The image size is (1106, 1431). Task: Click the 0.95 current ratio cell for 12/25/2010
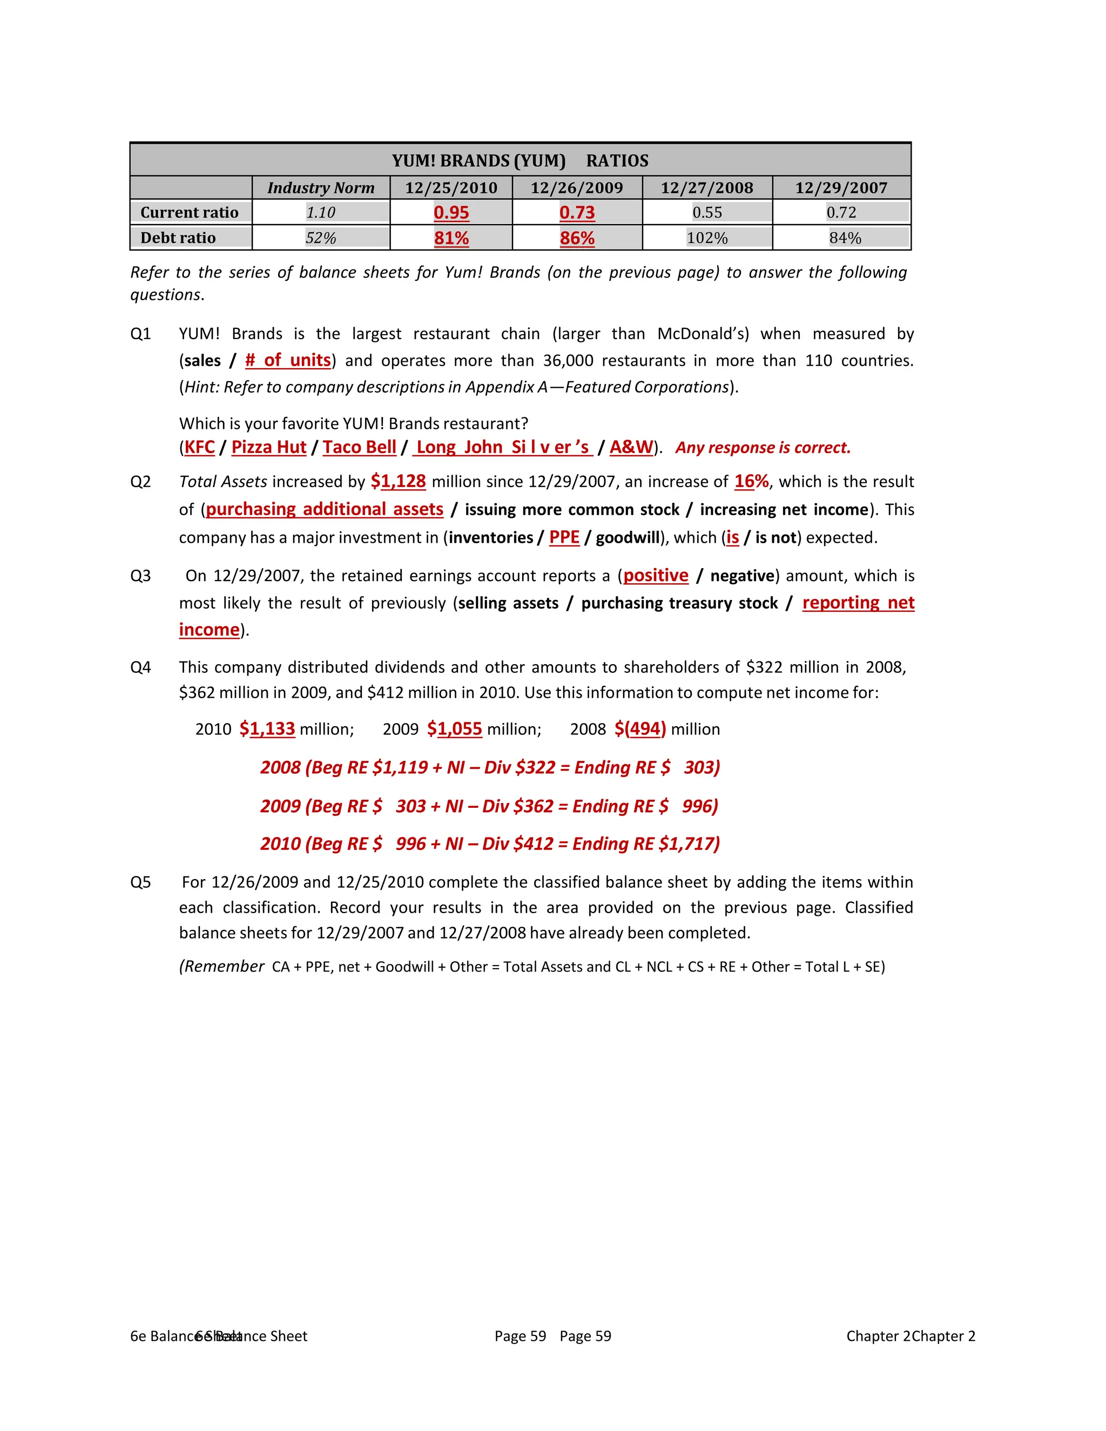point(451,212)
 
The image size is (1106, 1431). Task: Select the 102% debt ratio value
point(707,238)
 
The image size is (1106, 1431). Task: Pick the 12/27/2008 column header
point(706,188)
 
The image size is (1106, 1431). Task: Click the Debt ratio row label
point(178,238)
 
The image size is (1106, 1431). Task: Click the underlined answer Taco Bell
point(359,448)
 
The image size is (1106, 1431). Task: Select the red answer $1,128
point(399,482)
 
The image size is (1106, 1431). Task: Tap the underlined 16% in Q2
point(751,482)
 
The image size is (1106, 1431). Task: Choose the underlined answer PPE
point(564,538)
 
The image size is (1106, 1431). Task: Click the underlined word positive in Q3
point(655,576)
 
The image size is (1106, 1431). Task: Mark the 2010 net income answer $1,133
point(267,729)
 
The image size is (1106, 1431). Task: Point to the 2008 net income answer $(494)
point(640,729)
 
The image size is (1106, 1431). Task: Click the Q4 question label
point(141,667)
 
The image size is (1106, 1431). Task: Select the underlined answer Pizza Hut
point(268,448)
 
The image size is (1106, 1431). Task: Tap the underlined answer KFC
point(200,448)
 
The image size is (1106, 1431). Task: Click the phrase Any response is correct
point(763,448)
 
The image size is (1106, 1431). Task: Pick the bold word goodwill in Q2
point(627,538)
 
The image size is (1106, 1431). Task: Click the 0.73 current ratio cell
point(577,212)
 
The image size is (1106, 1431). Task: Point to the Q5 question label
point(141,882)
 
